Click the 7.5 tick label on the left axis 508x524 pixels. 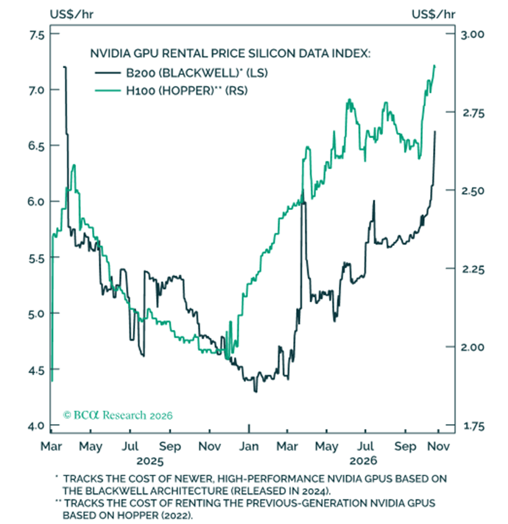37,35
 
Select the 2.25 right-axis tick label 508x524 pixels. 473,270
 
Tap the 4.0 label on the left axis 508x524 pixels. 37,426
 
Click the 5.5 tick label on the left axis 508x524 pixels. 37,259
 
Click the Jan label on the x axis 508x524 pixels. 249,447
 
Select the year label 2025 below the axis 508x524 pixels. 150,461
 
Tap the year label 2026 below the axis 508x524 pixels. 363,461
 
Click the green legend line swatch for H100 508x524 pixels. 108,91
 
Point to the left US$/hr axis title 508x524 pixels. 71,15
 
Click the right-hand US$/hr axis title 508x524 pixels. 433,15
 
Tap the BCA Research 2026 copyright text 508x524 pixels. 118,416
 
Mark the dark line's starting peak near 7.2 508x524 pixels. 65,67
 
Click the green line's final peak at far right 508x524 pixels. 434,66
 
